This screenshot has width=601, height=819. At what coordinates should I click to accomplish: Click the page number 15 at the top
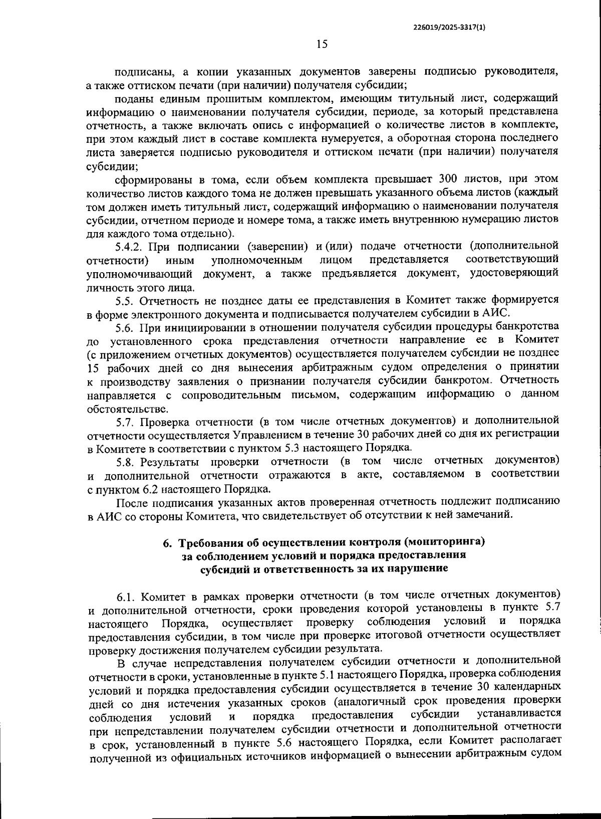coord(322,44)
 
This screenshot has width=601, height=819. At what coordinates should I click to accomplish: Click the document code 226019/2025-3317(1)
coord(449,28)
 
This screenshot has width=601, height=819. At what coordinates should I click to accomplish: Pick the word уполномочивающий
coord(141,274)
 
